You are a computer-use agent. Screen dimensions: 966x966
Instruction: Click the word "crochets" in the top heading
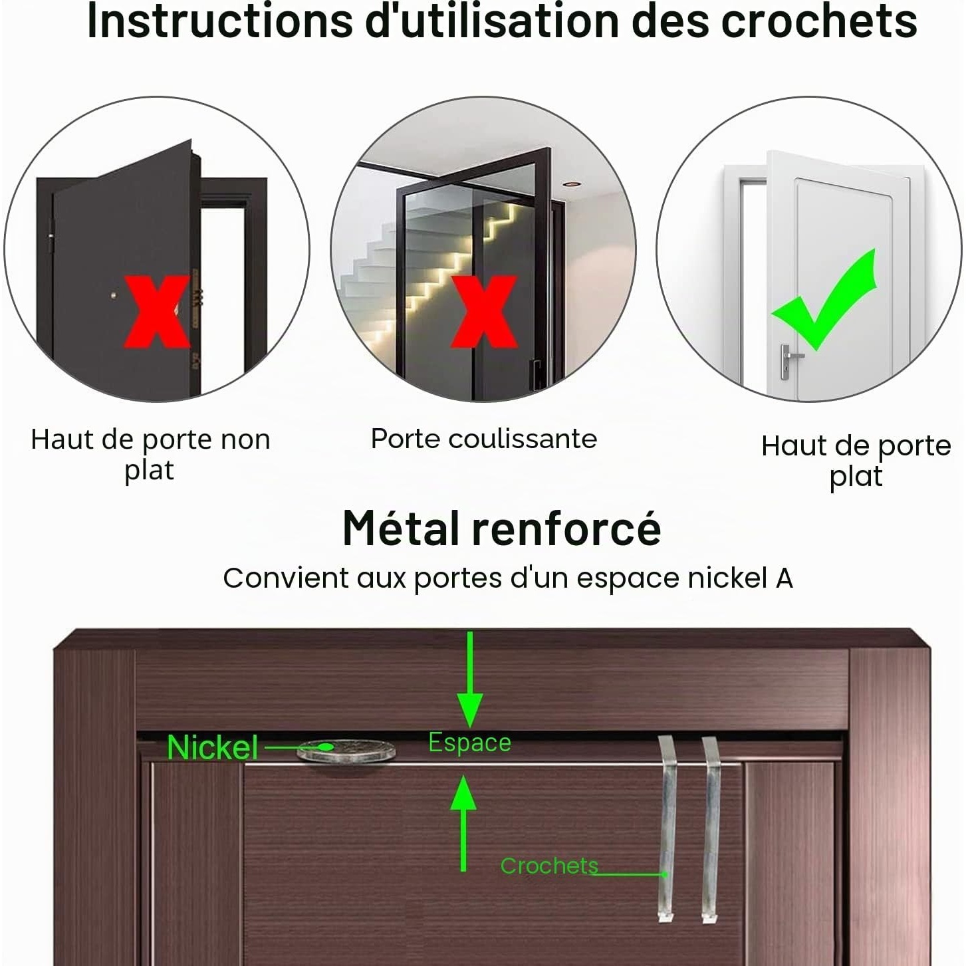click(x=819, y=21)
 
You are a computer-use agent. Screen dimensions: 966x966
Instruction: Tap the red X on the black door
click(x=158, y=311)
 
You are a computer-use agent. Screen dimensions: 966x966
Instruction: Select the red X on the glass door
click(x=484, y=311)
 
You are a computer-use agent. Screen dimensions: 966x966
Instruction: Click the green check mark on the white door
click(x=824, y=300)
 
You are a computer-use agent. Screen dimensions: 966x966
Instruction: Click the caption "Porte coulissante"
click(x=484, y=439)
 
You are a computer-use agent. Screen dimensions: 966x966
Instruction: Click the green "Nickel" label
click(x=212, y=748)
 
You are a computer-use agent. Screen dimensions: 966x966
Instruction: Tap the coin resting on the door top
click(x=346, y=751)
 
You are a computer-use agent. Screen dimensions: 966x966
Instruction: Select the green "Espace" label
click(x=470, y=743)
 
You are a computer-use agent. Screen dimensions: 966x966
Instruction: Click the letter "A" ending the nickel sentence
click(x=784, y=578)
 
